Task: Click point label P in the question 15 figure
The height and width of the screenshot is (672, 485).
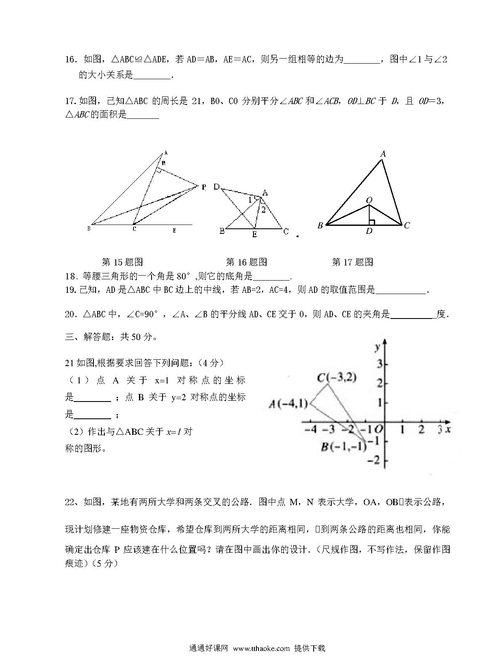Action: click(x=204, y=187)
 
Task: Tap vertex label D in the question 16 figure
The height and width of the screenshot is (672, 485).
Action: click(x=216, y=187)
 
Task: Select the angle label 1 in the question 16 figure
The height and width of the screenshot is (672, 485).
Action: click(x=250, y=199)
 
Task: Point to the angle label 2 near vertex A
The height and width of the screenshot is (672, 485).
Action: click(x=264, y=210)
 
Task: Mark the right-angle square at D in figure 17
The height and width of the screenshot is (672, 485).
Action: click(x=371, y=222)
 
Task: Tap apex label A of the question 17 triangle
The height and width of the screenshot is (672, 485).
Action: click(x=383, y=154)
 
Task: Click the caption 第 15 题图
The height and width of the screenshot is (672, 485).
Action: click(x=123, y=262)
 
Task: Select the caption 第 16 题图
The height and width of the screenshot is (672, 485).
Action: click(x=246, y=262)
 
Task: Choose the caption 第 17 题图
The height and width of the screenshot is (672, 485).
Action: click(x=352, y=262)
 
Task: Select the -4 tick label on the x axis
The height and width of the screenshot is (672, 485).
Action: click(x=310, y=430)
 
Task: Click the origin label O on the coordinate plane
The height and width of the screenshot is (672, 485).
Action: click(x=378, y=429)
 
